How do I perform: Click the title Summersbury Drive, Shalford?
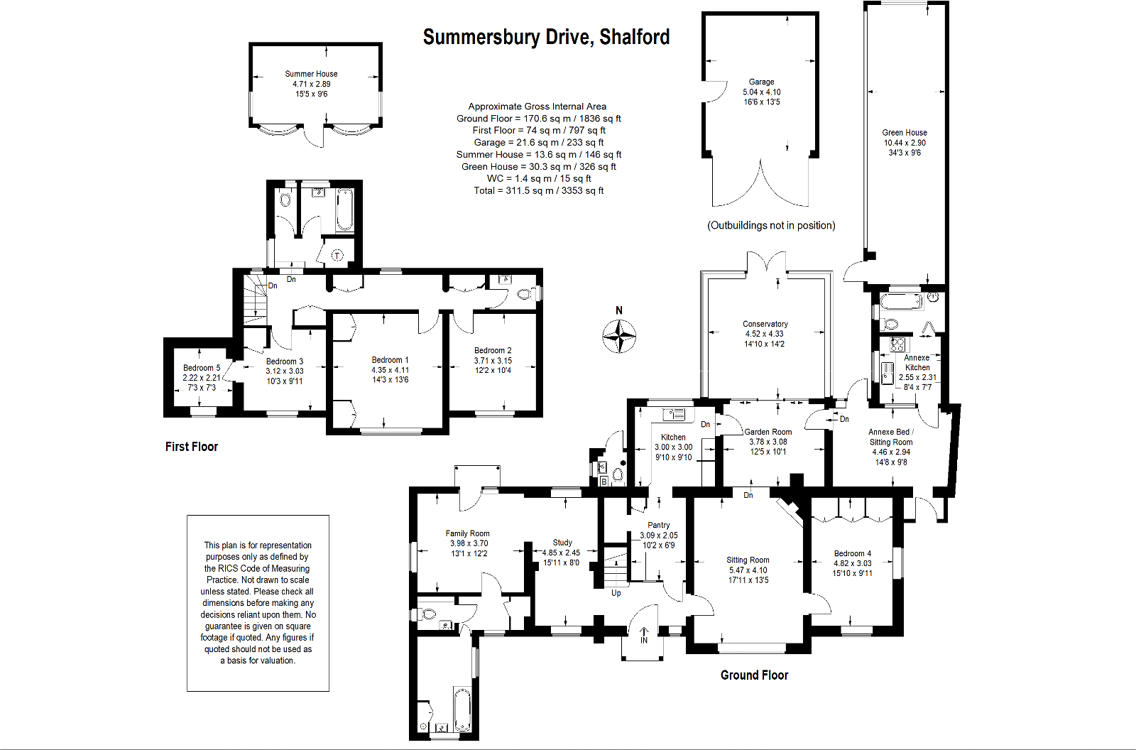click(546, 37)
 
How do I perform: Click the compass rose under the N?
click(619, 336)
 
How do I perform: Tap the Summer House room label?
click(311, 74)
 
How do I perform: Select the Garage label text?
click(761, 82)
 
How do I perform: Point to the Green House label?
click(905, 133)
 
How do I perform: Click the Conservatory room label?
click(765, 324)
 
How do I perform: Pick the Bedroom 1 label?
click(390, 360)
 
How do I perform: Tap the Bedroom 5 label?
click(202, 368)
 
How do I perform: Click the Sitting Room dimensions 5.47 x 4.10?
click(748, 570)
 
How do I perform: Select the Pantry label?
click(658, 526)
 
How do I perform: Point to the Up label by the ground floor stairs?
click(616, 593)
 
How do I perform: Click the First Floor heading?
click(192, 447)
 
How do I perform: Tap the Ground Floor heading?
click(754, 675)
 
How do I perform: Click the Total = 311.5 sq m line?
click(539, 190)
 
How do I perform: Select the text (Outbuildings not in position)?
click(771, 226)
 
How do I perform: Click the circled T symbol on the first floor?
click(337, 255)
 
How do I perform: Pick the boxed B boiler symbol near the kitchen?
click(603, 482)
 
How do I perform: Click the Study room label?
click(562, 543)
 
